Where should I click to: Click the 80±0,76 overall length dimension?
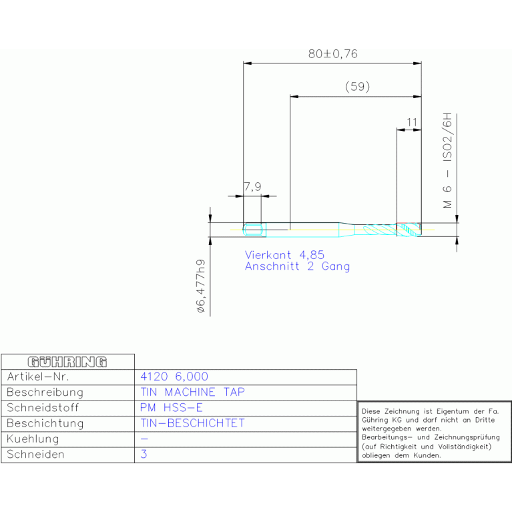click(332, 54)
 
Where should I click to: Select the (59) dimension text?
click(358, 87)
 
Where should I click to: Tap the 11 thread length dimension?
click(412, 122)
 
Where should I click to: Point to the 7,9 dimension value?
click(253, 187)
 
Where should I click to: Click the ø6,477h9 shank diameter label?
click(201, 286)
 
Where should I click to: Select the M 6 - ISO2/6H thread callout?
click(447, 161)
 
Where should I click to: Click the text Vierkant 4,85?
click(284, 255)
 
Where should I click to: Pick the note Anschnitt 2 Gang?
click(297, 266)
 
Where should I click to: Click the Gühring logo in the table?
click(67, 362)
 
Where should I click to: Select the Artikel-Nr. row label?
click(38, 376)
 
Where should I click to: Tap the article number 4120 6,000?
click(174, 376)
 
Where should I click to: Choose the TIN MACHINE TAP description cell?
click(193, 392)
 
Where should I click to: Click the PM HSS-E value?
click(172, 407)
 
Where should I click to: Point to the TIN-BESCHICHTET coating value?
click(193, 423)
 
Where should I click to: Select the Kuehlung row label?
click(33, 439)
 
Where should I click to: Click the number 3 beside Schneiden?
click(144, 454)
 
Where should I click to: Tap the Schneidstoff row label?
click(43, 407)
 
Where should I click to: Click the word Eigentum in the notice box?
click(453, 412)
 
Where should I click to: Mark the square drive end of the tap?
click(254, 230)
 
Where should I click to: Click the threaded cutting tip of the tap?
click(409, 230)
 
